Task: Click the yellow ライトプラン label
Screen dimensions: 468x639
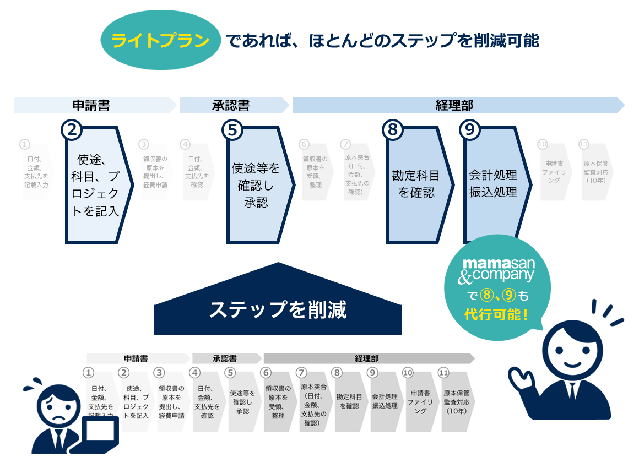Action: point(160,41)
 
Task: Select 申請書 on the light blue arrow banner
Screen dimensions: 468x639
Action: point(91,105)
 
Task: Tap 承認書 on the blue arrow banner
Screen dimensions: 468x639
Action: point(231,105)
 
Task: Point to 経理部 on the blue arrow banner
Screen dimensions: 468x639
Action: point(454,105)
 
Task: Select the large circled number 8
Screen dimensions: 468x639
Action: point(393,130)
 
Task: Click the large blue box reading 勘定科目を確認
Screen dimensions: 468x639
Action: point(416,184)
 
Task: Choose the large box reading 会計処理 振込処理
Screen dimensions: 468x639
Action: point(494,184)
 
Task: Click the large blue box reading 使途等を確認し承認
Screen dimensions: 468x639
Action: point(256,185)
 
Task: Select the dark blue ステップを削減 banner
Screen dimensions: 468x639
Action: point(278,309)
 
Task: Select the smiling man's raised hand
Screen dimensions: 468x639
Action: point(521,380)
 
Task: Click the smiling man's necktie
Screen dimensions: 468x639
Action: point(573,390)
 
